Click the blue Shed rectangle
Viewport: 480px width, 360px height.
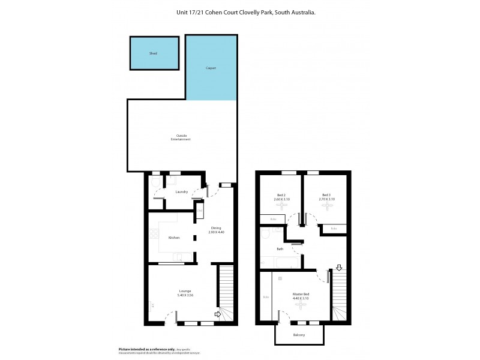click(154, 53)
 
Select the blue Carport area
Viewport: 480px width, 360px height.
click(211, 68)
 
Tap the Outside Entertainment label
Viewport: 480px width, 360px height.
click(181, 137)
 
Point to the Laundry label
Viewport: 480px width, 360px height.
click(182, 192)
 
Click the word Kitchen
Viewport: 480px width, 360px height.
click(174, 238)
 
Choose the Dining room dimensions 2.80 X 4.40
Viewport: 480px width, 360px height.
click(216, 232)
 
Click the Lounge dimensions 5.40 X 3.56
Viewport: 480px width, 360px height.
click(185, 295)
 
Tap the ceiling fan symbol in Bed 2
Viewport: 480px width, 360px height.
click(281, 206)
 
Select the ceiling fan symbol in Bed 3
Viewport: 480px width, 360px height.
click(326, 206)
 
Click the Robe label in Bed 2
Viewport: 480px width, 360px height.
click(274, 219)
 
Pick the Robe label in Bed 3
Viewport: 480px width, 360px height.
click(334, 228)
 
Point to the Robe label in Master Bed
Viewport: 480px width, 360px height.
click(266, 297)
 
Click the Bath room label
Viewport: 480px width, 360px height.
click(280, 249)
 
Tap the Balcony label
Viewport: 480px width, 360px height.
click(299, 335)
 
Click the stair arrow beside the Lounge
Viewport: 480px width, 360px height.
click(218, 313)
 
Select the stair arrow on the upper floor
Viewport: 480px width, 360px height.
click(339, 268)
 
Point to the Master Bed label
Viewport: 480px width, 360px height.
click(301, 294)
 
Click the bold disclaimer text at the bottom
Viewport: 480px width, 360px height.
click(146, 349)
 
